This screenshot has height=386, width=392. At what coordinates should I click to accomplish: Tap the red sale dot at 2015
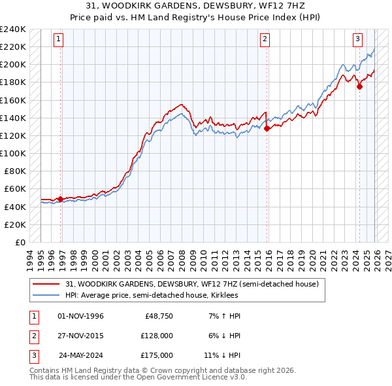[x=267, y=129]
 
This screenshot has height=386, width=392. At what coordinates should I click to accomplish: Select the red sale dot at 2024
[x=360, y=87]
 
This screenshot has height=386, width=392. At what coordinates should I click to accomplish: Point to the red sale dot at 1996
[x=61, y=199]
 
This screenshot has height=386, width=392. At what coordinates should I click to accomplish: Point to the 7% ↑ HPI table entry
[x=224, y=316]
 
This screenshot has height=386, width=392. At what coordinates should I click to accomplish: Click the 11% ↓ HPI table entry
[x=222, y=355]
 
